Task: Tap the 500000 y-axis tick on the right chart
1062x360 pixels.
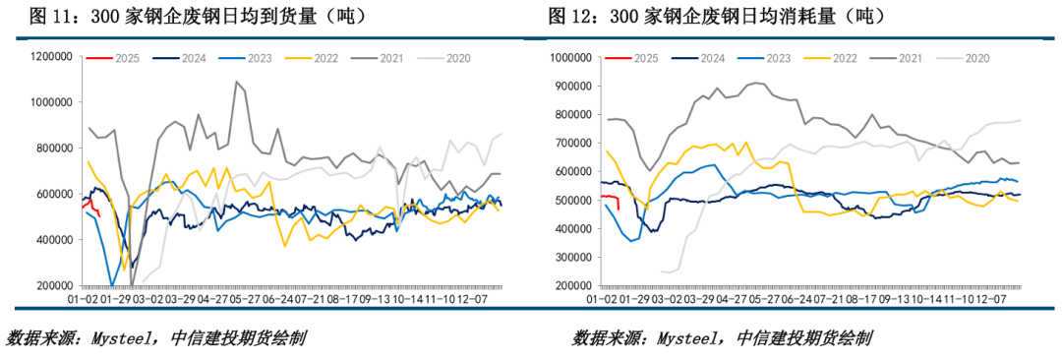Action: click(569, 201)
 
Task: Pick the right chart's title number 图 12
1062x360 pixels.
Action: click(573, 17)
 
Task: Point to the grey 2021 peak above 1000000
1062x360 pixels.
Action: click(236, 83)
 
